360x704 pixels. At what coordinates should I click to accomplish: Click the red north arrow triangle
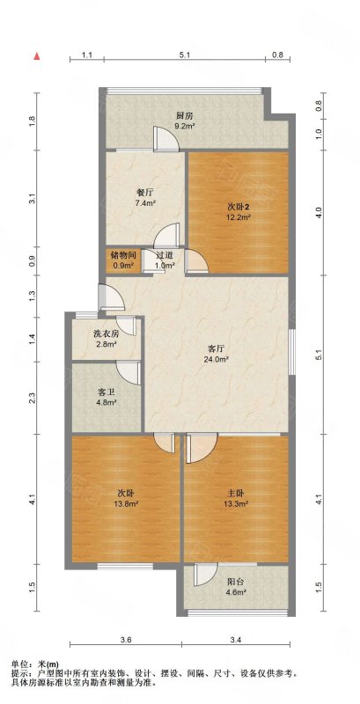(38, 56)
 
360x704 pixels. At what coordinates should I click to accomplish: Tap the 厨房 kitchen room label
(185, 115)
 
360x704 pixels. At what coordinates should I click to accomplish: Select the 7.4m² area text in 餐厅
(145, 203)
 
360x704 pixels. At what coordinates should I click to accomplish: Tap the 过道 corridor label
(164, 256)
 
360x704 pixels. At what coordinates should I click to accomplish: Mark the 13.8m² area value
(126, 503)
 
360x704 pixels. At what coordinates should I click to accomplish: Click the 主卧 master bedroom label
(237, 494)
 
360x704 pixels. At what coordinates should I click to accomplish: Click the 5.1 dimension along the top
(184, 55)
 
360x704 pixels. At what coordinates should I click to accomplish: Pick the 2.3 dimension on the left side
(32, 398)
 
